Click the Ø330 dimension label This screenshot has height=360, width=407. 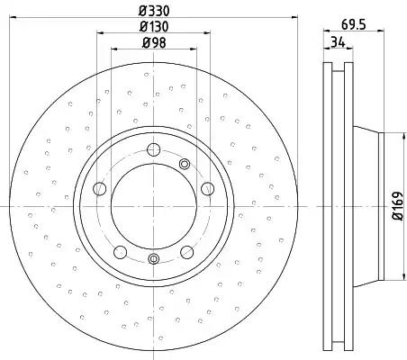click(x=154, y=11)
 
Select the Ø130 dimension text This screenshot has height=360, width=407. click(x=154, y=27)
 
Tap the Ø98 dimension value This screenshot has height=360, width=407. click(x=154, y=43)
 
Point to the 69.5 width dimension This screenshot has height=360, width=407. click(x=354, y=24)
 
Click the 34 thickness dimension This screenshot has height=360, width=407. click(x=338, y=42)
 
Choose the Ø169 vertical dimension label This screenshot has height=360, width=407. click(x=397, y=206)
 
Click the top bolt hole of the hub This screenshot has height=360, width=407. click(x=154, y=149)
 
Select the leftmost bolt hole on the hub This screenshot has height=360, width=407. click(x=100, y=189)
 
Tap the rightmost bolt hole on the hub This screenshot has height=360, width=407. click(x=208, y=189)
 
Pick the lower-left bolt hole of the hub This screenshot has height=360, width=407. click(x=120, y=252)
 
